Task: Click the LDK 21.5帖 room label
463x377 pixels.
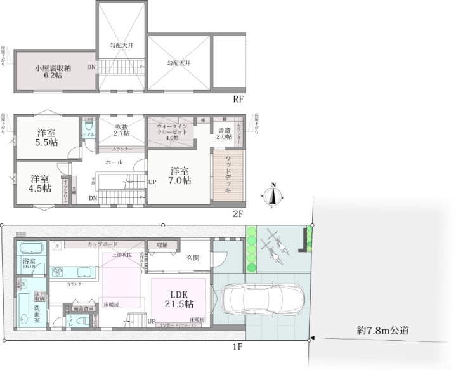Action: [x=178, y=299]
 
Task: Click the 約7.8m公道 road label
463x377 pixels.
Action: [x=382, y=330]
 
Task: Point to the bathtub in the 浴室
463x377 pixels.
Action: [x=30, y=249]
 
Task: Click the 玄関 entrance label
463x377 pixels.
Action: [x=193, y=258]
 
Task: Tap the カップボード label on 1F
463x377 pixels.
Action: [x=101, y=244]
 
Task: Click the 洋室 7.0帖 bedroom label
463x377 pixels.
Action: [x=179, y=175]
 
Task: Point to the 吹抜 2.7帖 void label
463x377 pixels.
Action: [x=122, y=130]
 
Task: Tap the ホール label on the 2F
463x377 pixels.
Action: [x=114, y=162]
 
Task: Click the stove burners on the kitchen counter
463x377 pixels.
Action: [x=56, y=272]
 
